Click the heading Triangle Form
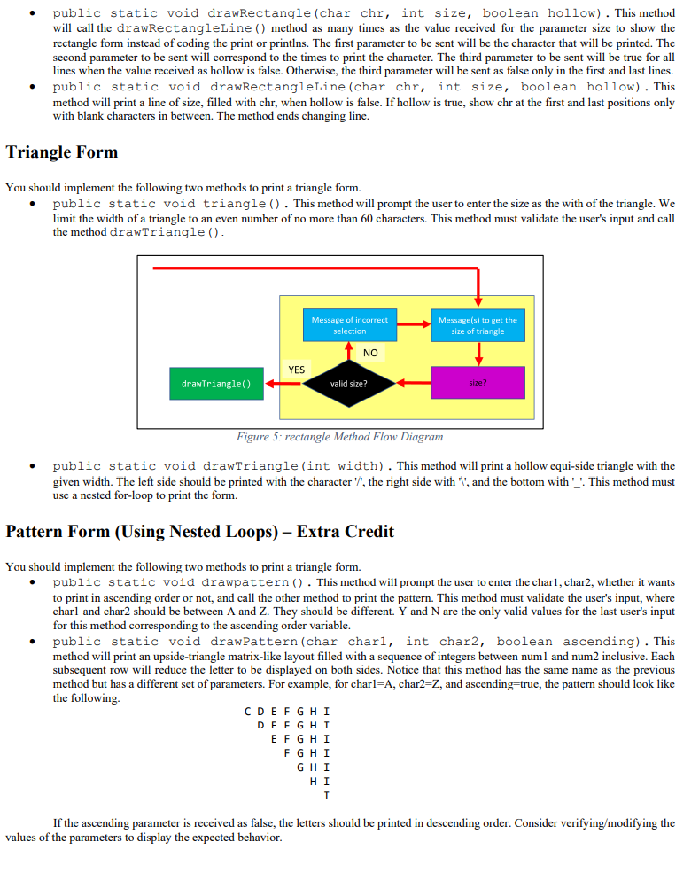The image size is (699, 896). click(x=62, y=152)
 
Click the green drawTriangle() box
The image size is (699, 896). click(x=216, y=384)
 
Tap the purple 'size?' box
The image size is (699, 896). click(x=478, y=383)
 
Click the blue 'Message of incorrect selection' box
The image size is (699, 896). click(x=349, y=325)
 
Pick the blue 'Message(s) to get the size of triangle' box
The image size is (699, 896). click(x=478, y=325)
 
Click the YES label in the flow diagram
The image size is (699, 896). click(x=296, y=370)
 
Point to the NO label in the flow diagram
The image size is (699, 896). click(x=370, y=353)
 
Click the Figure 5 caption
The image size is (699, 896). click(x=339, y=436)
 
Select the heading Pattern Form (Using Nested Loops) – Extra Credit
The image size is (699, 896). click(x=199, y=532)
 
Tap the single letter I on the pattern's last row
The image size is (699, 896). click(x=327, y=796)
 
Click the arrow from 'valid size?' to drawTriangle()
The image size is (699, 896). click(x=284, y=384)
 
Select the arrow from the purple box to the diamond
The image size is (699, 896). click(x=413, y=384)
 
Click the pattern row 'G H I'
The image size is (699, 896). click(x=315, y=767)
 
